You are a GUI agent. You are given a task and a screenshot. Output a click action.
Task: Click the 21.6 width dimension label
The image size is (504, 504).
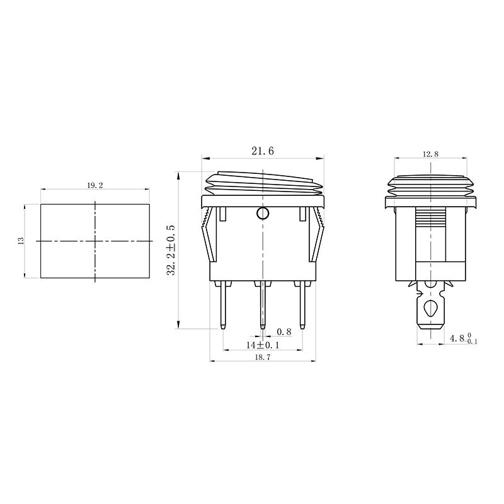coord(262,151)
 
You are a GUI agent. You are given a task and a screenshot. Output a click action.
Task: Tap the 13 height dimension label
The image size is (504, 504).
coord(21,241)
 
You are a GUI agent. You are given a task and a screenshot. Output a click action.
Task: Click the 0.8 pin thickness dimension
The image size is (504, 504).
coord(284,332)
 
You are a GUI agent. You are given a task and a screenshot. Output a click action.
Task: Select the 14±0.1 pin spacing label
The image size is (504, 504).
coord(263,345)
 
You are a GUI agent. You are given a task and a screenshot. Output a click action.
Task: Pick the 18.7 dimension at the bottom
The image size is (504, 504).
coord(262,356)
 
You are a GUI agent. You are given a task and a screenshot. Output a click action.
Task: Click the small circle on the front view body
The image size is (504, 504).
coord(262,213)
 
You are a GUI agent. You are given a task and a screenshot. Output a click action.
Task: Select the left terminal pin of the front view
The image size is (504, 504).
coord(223,305)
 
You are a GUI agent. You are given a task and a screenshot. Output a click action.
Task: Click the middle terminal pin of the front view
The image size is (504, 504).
coord(262,305)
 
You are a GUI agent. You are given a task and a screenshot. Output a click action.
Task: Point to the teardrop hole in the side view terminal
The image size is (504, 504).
coord(430,309)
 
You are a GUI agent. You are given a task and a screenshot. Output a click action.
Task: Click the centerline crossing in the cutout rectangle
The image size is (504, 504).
coord(95,241)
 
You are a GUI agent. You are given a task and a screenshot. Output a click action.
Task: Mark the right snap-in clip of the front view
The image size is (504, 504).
coord(318,236)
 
